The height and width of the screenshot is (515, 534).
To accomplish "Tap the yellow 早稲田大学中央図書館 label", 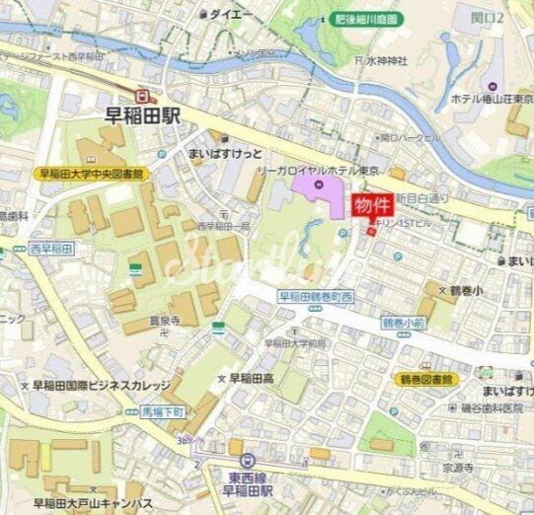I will [91, 173].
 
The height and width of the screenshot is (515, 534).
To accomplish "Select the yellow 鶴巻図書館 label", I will [425, 378].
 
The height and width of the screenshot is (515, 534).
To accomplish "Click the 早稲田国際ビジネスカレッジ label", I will [100, 386].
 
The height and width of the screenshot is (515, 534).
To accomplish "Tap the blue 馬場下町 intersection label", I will [149, 411].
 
